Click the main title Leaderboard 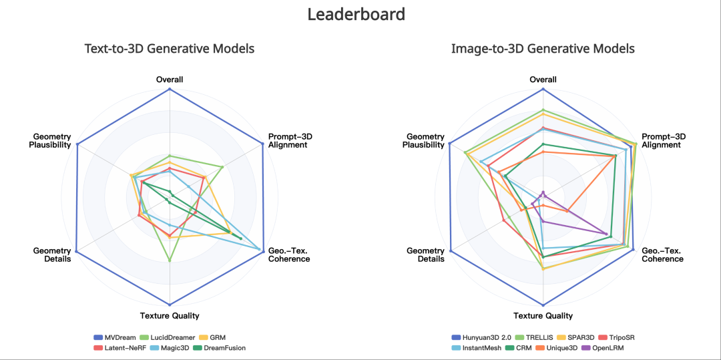pyautogui.click(x=356, y=14)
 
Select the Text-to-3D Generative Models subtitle pyautogui.click(x=169, y=48)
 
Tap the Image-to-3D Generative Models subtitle pyautogui.click(x=543, y=48)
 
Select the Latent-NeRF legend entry pyautogui.click(x=119, y=347)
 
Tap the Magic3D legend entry pyautogui.click(x=170, y=347)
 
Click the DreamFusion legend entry pyautogui.click(x=220, y=347)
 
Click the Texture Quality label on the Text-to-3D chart pyautogui.click(x=169, y=315)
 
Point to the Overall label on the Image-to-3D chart pyautogui.click(x=543, y=79)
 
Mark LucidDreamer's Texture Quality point pyautogui.click(x=170, y=260)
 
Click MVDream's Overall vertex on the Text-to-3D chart pyautogui.click(x=170, y=89)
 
